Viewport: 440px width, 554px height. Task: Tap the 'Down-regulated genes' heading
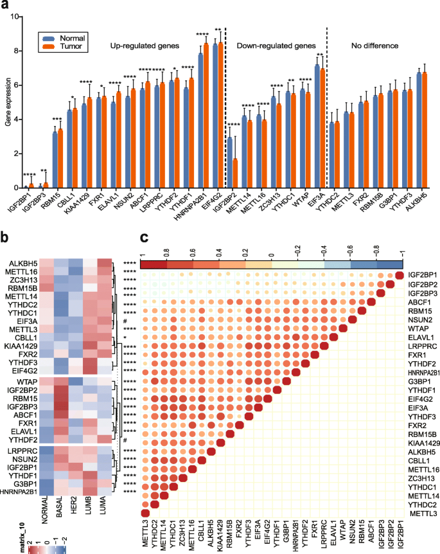click(274, 46)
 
